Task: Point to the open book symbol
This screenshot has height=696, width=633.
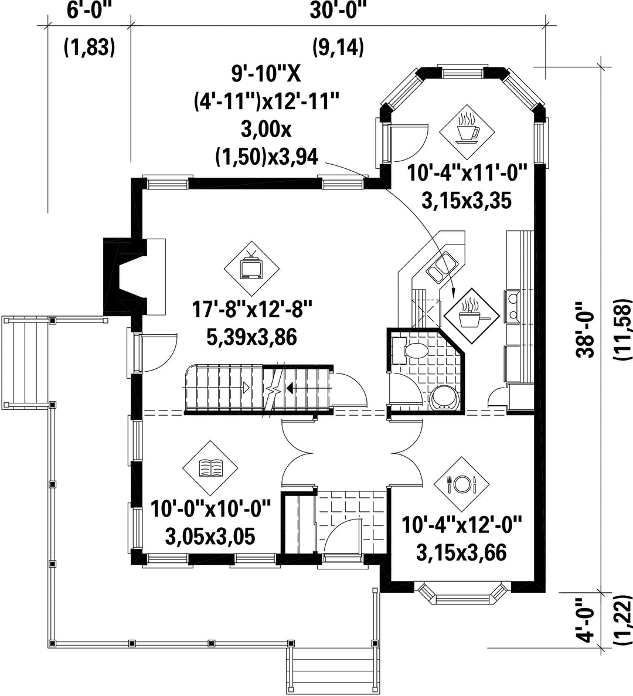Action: (x=210, y=468)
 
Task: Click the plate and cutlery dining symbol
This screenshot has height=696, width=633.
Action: (x=461, y=484)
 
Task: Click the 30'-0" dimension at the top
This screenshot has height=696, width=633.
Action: (x=338, y=11)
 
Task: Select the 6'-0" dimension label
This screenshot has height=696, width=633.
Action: (x=89, y=11)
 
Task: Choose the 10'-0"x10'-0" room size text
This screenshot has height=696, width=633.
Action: (x=210, y=509)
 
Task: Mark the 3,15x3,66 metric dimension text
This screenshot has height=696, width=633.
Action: (x=461, y=553)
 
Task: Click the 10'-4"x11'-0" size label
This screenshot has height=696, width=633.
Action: (x=467, y=172)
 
